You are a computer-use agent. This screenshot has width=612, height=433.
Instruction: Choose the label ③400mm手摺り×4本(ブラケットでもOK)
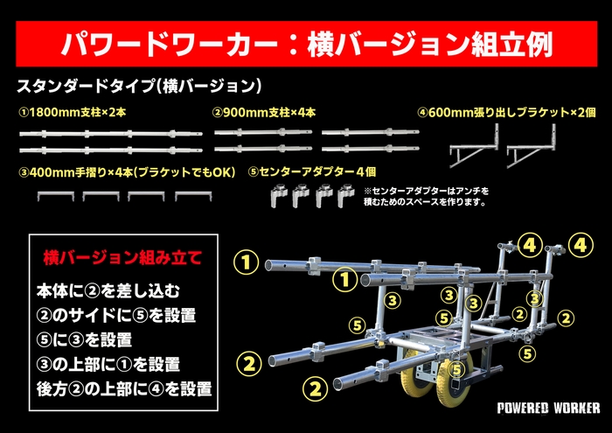point(127,171)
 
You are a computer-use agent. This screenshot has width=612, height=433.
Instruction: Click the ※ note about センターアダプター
point(423,197)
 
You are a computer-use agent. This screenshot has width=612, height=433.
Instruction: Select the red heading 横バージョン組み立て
point(122,258)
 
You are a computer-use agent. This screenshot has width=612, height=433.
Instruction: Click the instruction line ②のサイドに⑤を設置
point(116,314)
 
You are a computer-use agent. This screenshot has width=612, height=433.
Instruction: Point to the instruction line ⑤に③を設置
point(84,339)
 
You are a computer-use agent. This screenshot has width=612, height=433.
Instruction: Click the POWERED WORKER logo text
point(548,409)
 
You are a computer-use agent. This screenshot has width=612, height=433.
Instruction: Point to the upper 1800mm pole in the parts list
point(110,132)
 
